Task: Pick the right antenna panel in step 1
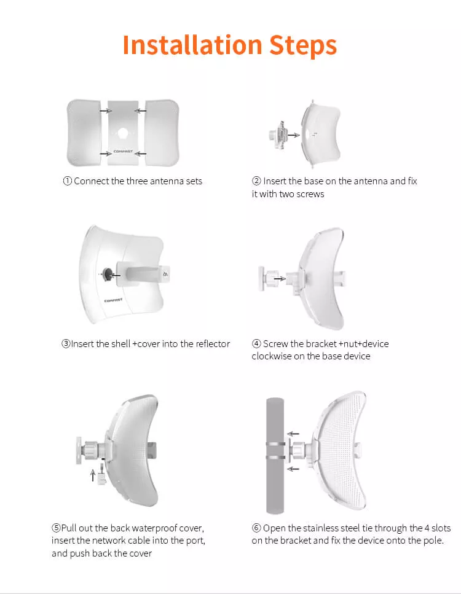[162, 133]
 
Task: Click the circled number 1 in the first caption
[68, 181]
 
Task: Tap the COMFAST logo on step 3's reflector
[110, 300]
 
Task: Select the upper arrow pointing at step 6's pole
[295, 432]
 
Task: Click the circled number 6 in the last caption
[256, 528]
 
